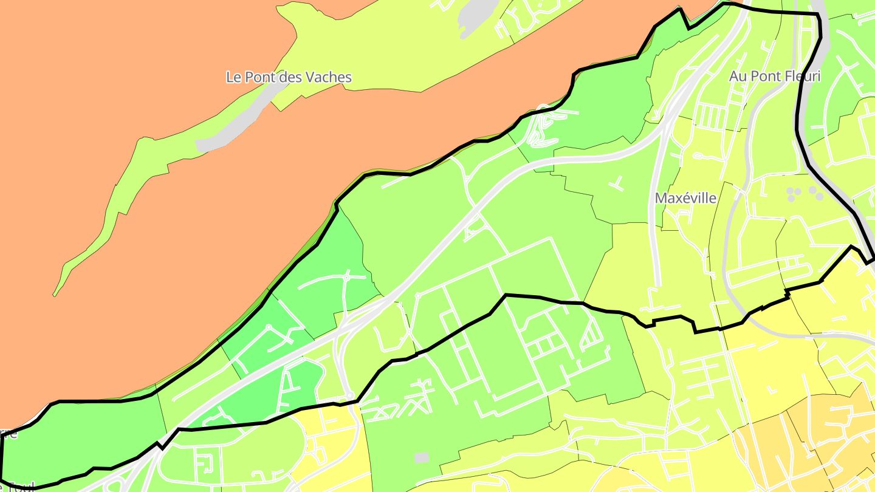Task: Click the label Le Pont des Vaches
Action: (x=289, y=77)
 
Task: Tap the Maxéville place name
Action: (x=685, y=198)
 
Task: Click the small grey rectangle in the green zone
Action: (x=421, y=456)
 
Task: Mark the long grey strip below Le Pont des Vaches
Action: (x=240, y=121)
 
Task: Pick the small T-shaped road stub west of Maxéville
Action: (x=617, y=182)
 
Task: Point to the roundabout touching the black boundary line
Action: (x=350, y=395)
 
